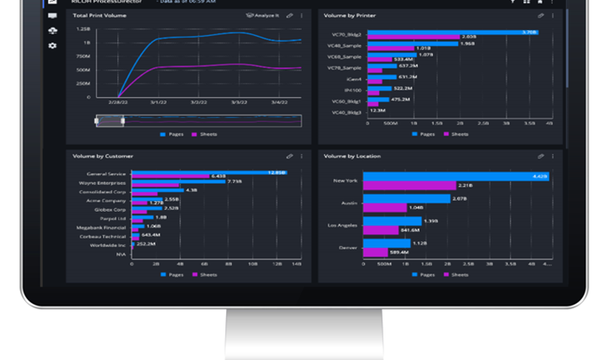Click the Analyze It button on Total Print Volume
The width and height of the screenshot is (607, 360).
coord(262,15)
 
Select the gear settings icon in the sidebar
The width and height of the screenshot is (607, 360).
coord(53,45)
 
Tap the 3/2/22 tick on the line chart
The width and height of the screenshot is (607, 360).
coord(198,102)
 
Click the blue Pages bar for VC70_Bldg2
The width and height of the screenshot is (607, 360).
coord(453,32)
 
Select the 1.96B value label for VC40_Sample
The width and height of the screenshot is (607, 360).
coord(467,44)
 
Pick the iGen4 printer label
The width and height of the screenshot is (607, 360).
coord(352,76)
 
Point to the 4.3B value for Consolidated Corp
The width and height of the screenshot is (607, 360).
coord(190,190)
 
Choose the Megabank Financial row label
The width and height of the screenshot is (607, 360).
coord(100,225)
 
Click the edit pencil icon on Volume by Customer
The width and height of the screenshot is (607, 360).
coord(290,156)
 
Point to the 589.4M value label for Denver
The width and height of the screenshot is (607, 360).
coord(399,251)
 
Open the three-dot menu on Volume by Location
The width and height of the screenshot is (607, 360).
coord(552,156)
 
